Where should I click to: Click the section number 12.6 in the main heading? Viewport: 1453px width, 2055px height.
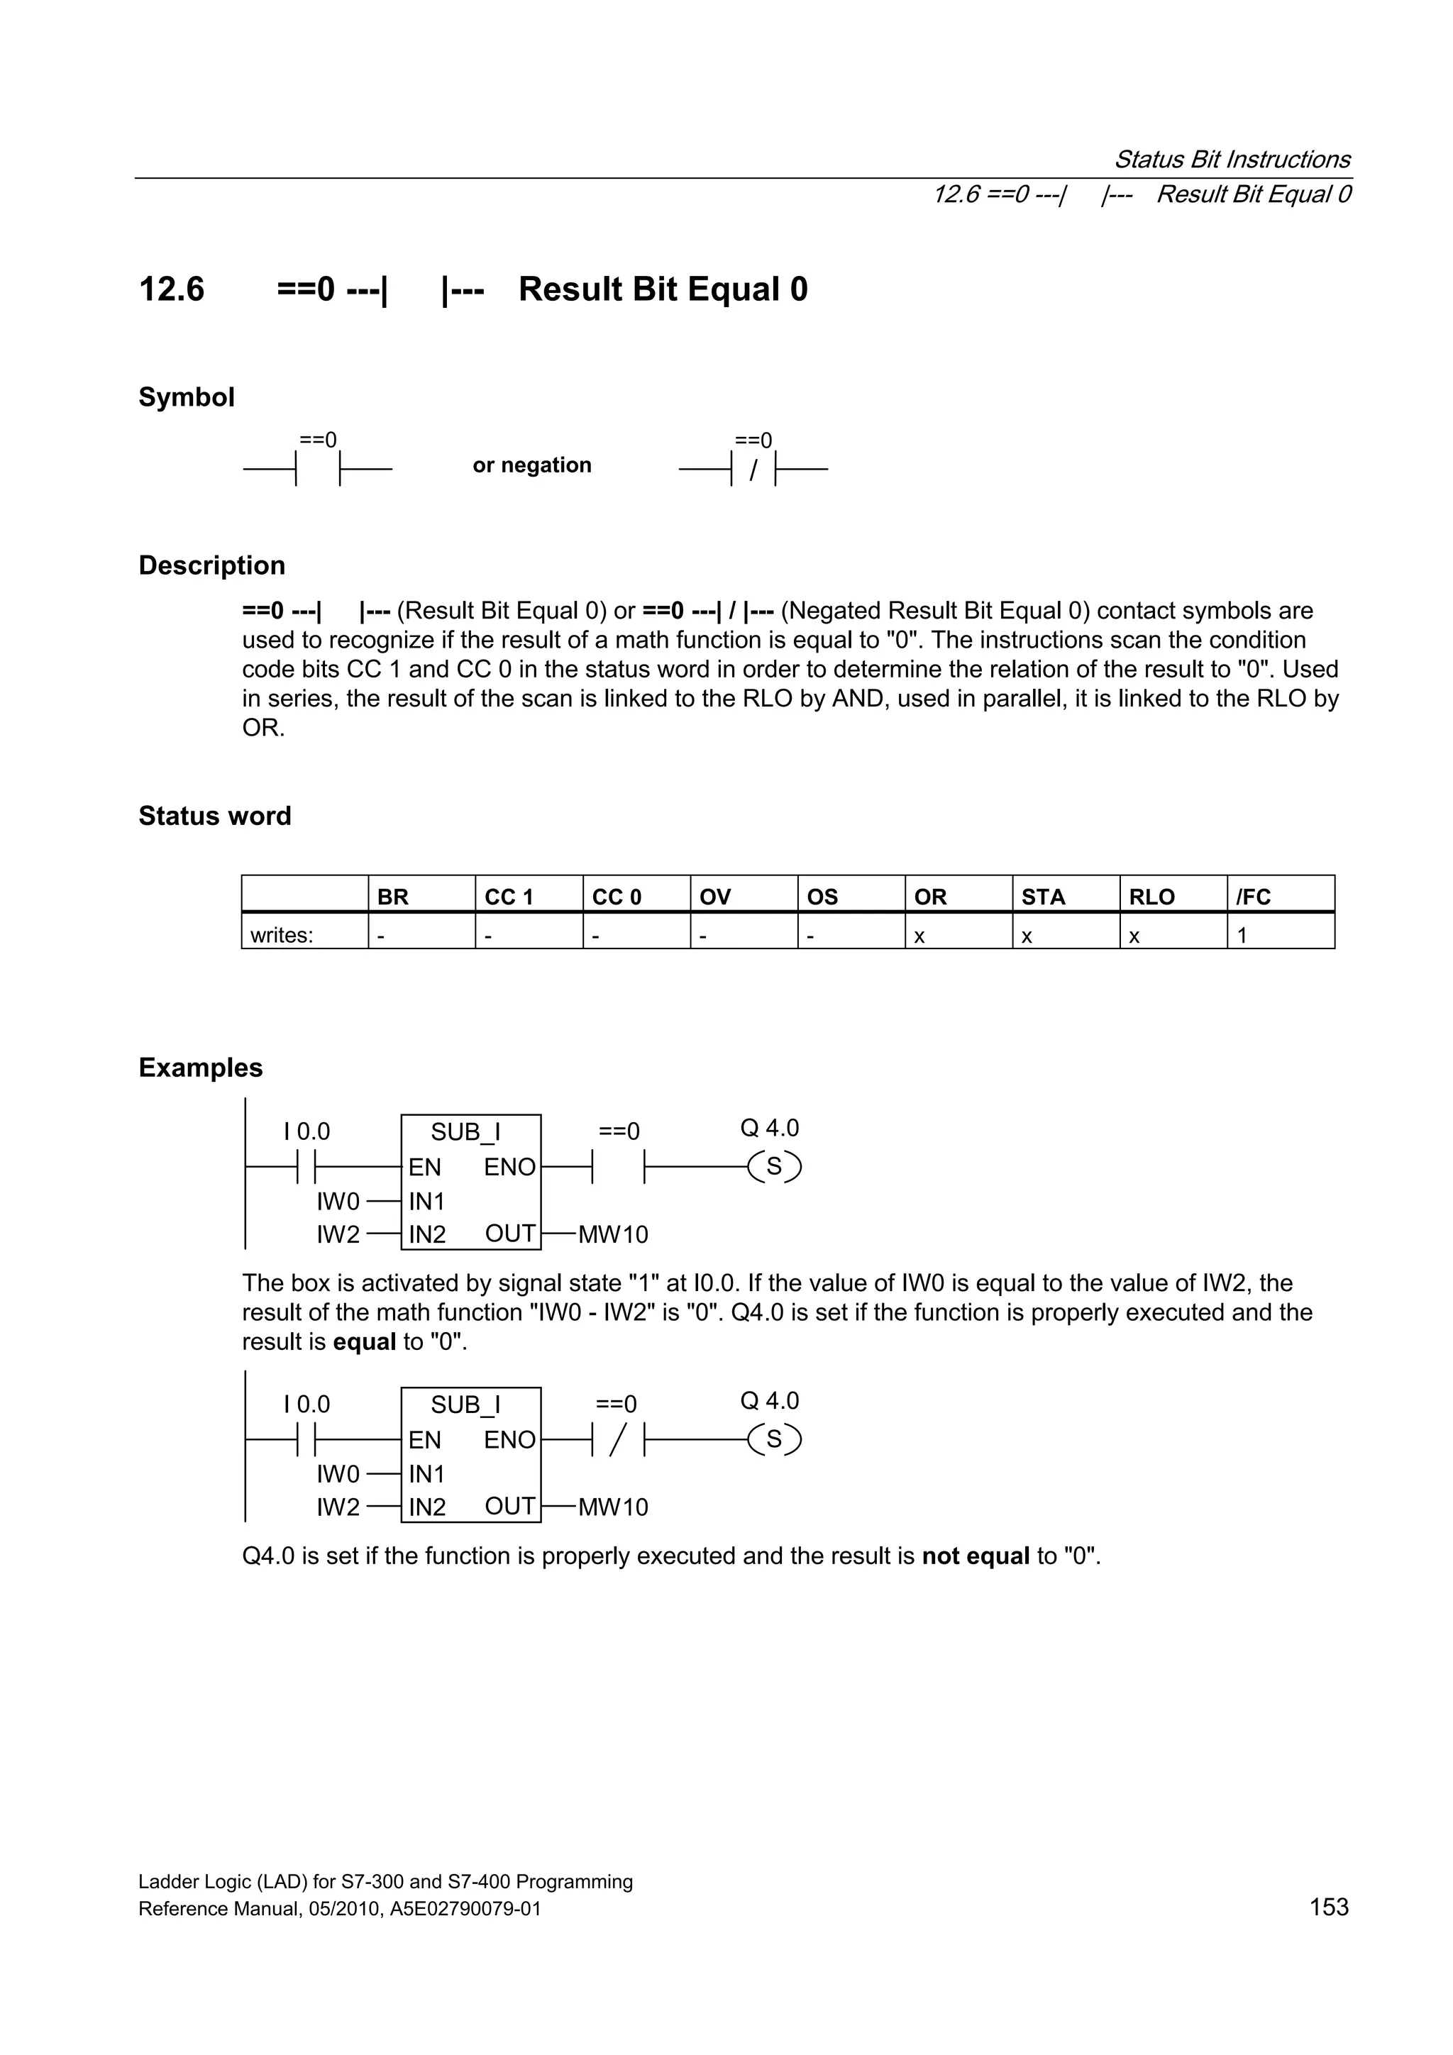(x=171, y=289)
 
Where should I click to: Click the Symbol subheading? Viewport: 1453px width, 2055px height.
(x=186, y=397)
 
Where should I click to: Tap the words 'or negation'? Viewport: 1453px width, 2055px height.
(x=532, y=465)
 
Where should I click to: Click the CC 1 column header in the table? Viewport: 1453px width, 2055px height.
(x=509, y=896)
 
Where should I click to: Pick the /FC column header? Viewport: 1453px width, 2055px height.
(x=1254, y=896)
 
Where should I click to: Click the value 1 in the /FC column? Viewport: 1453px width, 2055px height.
(x=1242, y=936)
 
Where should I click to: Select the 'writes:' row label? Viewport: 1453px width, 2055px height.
(x=281, y=936)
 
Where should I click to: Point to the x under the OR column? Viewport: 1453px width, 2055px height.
(x=919, y=936)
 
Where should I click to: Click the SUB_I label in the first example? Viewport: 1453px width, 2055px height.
(x=465, y=1131)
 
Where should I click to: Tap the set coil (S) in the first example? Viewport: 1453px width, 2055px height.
(x=775, y=1166)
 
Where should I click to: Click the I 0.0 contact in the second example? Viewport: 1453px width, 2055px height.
(x=307, y=1439)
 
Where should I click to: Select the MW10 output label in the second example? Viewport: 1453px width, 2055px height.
(x=612, y=1507)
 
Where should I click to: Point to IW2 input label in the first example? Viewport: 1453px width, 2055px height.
(x=338, y=1234)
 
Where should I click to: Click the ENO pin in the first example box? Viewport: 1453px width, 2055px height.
(x=509, y=1167)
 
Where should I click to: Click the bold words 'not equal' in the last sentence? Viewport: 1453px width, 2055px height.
(x=975, y=1556)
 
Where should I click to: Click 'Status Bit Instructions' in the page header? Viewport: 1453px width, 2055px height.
(x=1232, y=160)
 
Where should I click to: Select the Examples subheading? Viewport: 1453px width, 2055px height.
(x=201, y=1067)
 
